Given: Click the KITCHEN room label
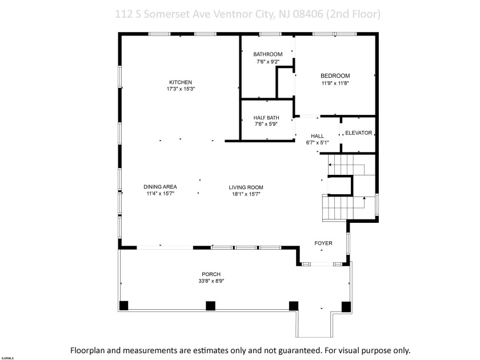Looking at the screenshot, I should coord(180,82).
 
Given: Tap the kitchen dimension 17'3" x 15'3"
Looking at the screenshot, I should coord(180,89).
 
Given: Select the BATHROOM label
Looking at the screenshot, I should coord(268,54).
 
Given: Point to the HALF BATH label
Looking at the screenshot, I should coord(266,118).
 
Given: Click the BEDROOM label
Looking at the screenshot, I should coord(335,75).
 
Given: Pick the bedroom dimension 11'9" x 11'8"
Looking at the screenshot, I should coord(335,83).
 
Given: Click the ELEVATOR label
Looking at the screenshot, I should coord(358,133).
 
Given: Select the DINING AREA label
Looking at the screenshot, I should coord(160,187).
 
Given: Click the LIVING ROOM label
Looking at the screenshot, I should coord(246,187).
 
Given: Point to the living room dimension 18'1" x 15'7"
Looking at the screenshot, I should coord(246,194).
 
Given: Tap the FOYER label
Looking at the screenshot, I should coord(323,243).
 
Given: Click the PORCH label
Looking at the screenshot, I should coord(211,274).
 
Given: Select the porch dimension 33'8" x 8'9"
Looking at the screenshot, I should coord(211,281).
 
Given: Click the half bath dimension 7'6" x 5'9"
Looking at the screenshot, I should coord(266,124).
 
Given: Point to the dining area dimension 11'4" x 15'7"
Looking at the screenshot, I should coord(160,194).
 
